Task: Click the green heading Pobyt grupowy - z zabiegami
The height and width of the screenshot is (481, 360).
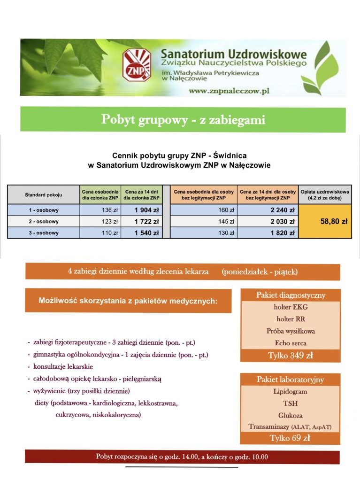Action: coord(183,120)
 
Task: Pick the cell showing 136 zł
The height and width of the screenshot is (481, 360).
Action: coord(101,210)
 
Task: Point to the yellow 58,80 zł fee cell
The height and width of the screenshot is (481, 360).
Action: coord(333,221)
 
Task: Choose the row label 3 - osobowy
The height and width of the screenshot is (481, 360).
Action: coord(44,233)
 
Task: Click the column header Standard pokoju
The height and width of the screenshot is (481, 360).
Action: coord(44,194)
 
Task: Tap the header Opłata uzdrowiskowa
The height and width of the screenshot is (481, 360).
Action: coord(325,194)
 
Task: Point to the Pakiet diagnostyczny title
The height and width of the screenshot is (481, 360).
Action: coord(291,295)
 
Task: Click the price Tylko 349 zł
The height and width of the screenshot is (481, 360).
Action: coord(291,356)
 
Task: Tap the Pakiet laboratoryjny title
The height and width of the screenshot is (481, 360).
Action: coord(290,380)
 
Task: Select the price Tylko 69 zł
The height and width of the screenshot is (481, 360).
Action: coord(290,438)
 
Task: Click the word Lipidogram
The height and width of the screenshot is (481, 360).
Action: coord(290,391)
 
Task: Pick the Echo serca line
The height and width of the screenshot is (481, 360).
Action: coord(291,343)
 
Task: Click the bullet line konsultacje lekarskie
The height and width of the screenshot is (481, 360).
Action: coord(63,366)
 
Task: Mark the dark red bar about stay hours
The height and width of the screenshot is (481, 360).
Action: coord(182,457)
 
